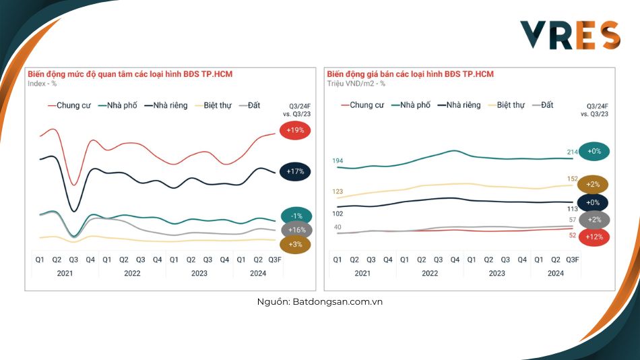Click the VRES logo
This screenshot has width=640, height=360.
pos(569,36)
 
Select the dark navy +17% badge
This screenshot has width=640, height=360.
pos(295,172)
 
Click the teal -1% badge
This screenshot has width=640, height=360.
pos(295,216)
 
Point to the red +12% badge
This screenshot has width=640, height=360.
pos(594,236)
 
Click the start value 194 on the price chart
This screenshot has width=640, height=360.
pos(338,160)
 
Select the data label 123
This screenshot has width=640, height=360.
pos(338,192)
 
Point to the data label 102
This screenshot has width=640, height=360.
pos(338,214)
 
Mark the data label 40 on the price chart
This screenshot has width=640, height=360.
pos(338,227)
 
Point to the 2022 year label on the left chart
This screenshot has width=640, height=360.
pos(132,274)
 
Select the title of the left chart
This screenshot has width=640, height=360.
pos(129,74)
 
